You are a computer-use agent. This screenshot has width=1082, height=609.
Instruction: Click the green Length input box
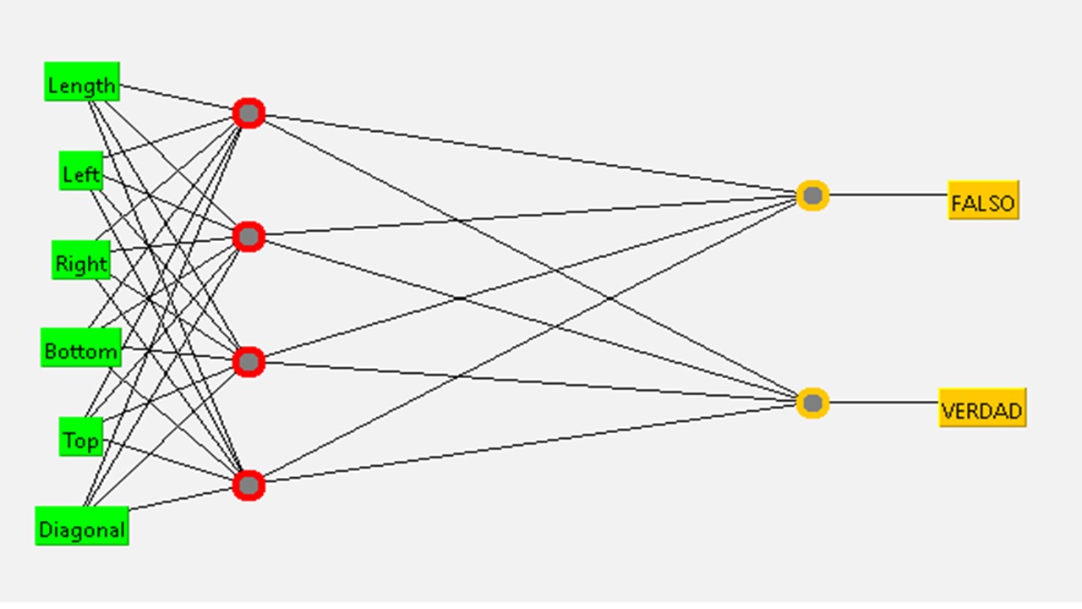tap(82, 82)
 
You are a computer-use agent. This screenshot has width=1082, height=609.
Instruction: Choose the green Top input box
tap(81, 437)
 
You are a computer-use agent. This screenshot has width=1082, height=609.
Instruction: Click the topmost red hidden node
tap(249, 112)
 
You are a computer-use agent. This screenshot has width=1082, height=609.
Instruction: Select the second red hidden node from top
tap(249, 238)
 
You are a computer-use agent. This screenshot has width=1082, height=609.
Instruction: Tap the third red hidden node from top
tap(249, 362)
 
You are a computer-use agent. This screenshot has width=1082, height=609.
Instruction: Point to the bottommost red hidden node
tap(249, 485)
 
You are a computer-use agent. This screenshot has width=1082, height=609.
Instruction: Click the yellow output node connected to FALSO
tap(812, 195)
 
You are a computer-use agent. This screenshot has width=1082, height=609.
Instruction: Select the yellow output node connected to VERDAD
tap(812, 403)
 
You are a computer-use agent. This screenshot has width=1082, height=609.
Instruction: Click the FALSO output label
tap(983, 200)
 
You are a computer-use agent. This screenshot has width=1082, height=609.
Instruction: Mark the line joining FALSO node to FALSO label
tap(888, 195)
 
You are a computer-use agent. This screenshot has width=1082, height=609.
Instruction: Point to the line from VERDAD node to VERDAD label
tap(883, 403)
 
